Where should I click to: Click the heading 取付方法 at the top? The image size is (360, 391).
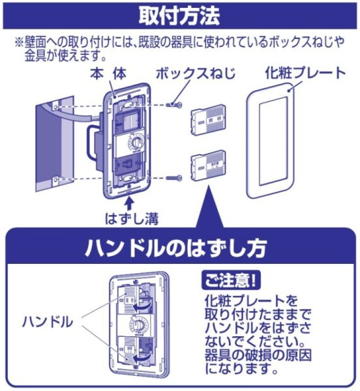pyautogui.click(x=180, y=15)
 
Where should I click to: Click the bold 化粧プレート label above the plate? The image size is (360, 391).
pyautogui.click(x=305, y=72)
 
